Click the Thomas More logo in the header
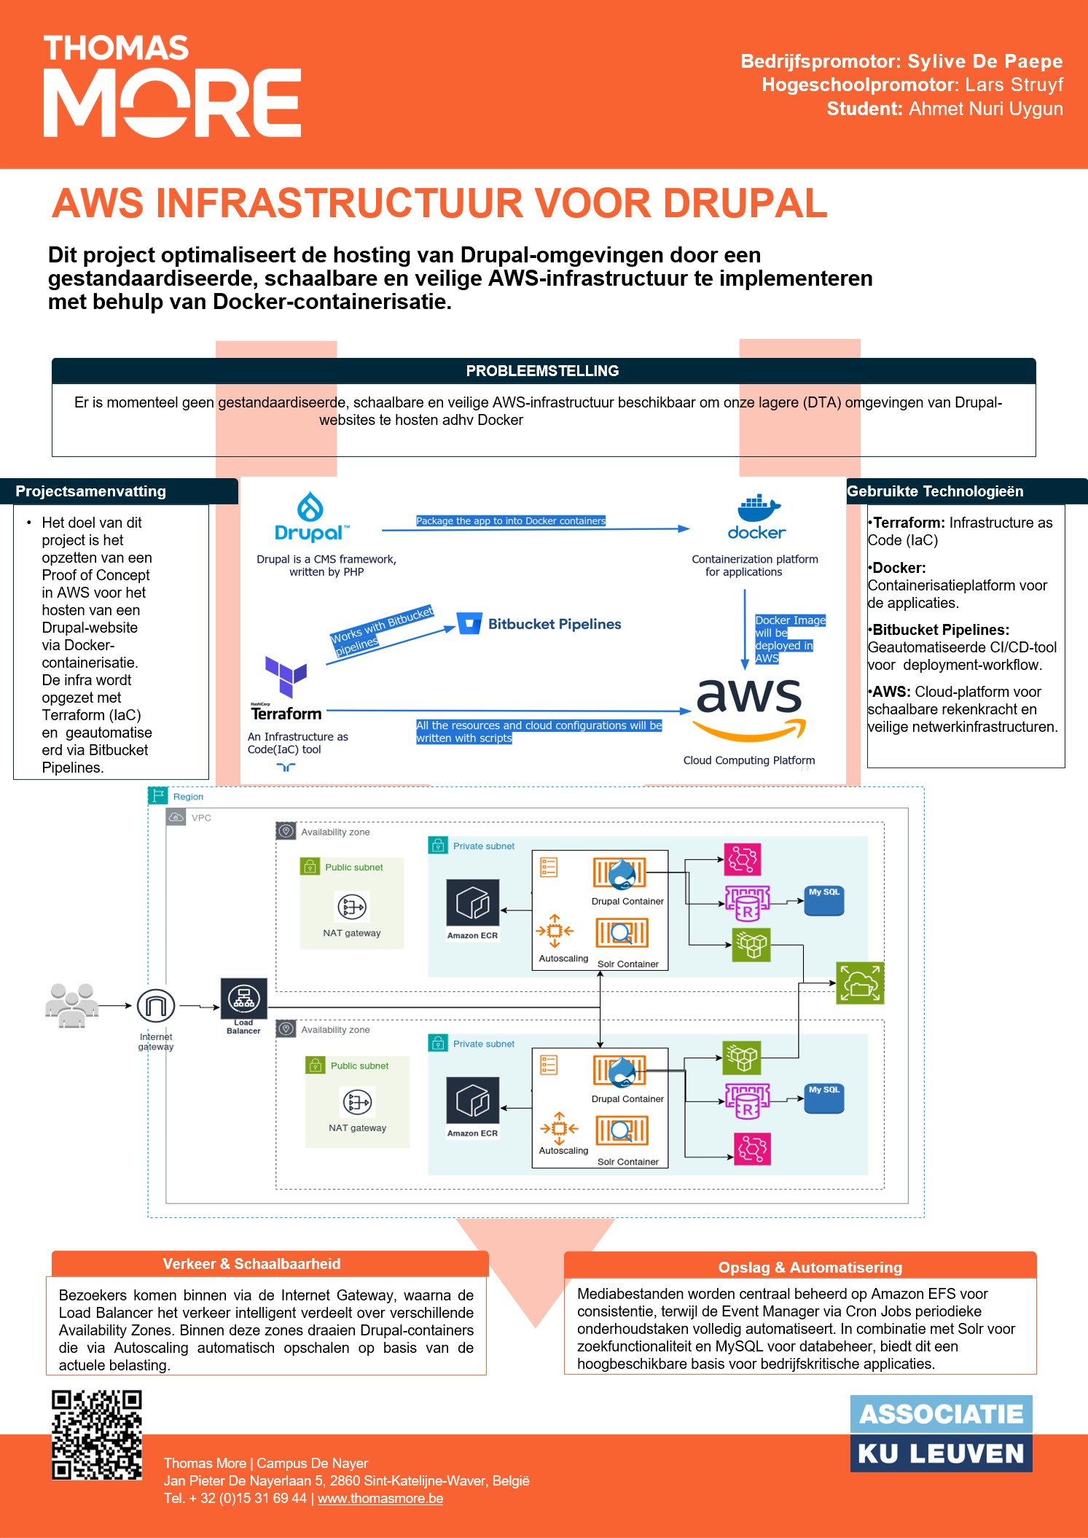pos(172,85)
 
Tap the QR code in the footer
pos(97,1434)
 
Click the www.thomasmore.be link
pos(380,1499)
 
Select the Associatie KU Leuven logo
pos(942,1433)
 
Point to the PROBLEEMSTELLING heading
pos(543,371)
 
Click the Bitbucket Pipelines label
pos(555,624)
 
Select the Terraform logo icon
pos(286,676)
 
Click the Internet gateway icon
pos(155,1006)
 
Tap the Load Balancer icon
pos(243,998)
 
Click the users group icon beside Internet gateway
pos(72,1005)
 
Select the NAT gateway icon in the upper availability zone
pos(352,907)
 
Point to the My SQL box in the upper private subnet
pos(824,901)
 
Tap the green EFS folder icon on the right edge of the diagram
pos(860,983)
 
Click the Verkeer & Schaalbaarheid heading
pos(251,1264)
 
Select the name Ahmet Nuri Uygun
pos(986,109)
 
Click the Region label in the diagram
pos(188,797)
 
